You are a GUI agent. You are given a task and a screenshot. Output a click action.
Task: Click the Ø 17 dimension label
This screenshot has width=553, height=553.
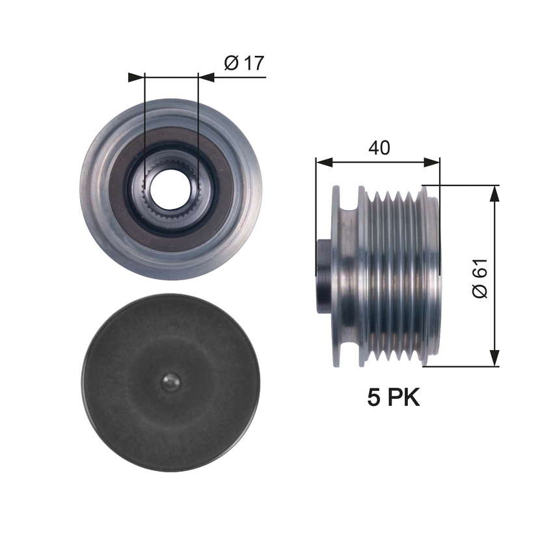click(243, 63)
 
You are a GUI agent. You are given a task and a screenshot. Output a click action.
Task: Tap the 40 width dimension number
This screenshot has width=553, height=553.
click(379, 148)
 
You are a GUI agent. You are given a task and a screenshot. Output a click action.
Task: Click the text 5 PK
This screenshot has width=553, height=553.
click(394, 397)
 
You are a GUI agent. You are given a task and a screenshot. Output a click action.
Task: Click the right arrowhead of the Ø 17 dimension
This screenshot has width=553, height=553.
click(206, 77)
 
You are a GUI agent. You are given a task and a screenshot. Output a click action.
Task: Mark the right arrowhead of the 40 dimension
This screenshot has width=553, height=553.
click(433, 161)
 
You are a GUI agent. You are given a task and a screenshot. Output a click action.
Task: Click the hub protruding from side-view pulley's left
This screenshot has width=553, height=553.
click(323, 276)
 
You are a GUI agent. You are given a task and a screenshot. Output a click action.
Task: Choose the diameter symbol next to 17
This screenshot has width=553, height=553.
click(231, 63)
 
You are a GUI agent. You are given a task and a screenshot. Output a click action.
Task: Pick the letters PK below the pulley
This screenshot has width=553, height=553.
click(405, 397)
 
